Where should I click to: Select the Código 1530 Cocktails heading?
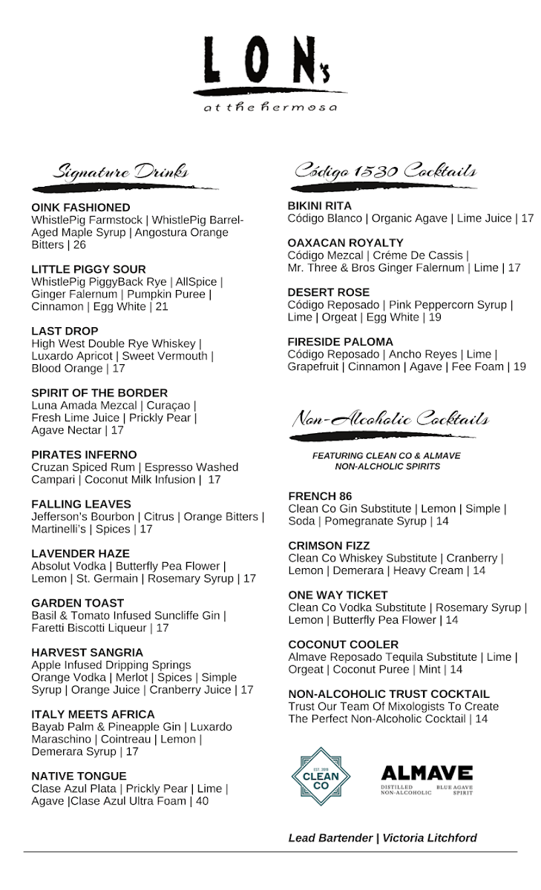point(384,171)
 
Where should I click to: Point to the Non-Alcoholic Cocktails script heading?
point(390,419)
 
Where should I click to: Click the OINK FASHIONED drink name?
point(81,208)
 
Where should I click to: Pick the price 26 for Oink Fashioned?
point(79,245)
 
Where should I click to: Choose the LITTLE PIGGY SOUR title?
point(88,269)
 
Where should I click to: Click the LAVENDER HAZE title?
point(80,553)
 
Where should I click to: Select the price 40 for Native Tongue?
point(201,801)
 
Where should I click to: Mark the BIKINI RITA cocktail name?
point(320,205)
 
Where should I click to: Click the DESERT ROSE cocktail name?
point(329,292)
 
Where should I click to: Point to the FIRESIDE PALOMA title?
point(341,342)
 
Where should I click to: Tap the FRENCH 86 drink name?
point(320,496)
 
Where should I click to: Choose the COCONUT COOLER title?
point(344,645)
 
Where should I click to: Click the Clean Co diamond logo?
point(321,776)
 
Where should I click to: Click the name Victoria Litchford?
point(430,838)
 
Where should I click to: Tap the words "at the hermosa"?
point(270,108)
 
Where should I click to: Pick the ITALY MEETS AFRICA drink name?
point(93,714)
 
